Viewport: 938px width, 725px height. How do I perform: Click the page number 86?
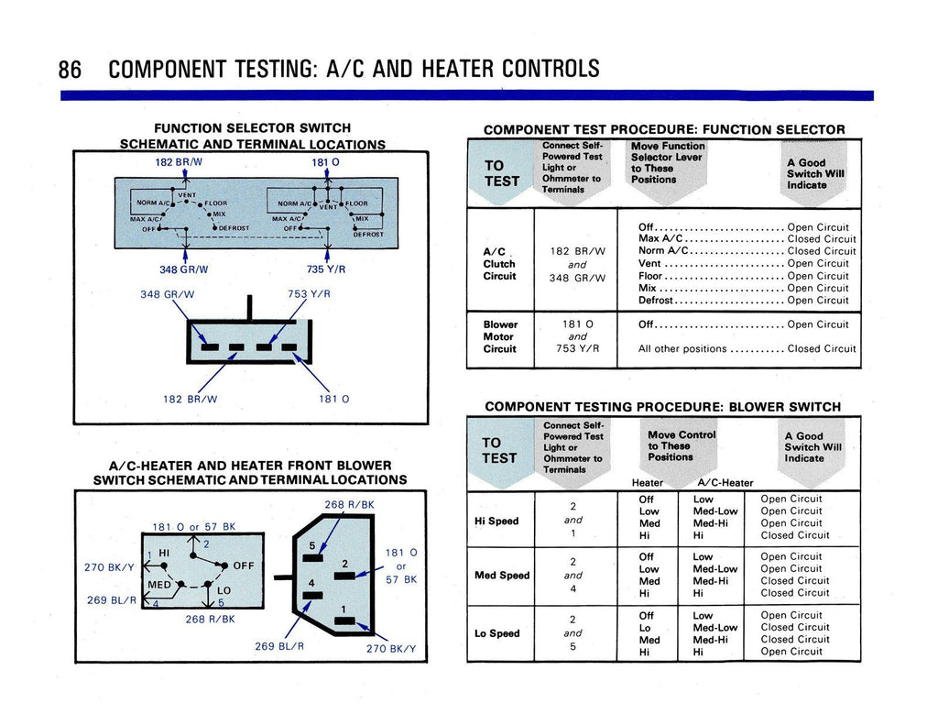click(x=70, y=69)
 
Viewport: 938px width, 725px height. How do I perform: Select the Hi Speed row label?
click(x=496, y=521)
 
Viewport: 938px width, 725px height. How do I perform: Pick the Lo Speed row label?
click(x=496, y=633)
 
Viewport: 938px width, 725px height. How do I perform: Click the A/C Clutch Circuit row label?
click(x=499, y=264)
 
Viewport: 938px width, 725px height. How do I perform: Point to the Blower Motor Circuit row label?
click(x=500, y=336)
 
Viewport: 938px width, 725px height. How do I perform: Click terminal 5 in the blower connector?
click(x=311, y=547)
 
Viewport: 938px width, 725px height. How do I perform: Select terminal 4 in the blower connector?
click(x=311, y=584)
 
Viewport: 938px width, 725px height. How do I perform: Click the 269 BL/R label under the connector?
click(x=279, y=645)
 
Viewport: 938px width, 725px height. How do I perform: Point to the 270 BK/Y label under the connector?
click(x=391, y=649)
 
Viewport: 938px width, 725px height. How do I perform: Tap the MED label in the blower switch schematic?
click(x=159, y=585)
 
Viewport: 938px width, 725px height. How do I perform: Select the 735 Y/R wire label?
click(x=325, y=269)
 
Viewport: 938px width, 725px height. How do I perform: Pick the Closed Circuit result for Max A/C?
click(x=822, y=239)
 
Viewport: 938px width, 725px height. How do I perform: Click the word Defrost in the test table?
click(x=655, y=300)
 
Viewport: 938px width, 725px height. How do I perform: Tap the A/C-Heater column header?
click(x=725, y=483)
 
